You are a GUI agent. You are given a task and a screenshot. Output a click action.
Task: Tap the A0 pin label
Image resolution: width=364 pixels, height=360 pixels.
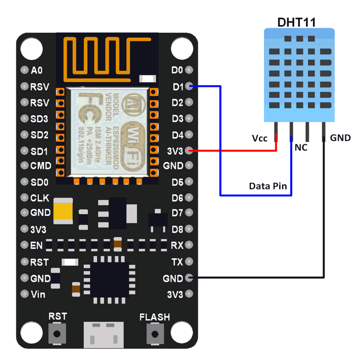pyautogui.click(x=37, y=71)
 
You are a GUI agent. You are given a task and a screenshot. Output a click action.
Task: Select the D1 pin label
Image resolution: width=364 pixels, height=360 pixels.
pyautogui.click(x=178, y=87)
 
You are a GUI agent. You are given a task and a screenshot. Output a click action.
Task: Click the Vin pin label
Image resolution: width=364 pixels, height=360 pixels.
pyautogui.click(x=38, y=294)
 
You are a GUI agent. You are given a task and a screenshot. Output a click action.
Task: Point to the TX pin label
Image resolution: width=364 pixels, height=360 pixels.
pyautogui.click(x=177, y=262)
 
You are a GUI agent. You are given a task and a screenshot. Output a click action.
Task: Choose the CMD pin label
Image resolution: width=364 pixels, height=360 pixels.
pyautogui.click(x=41, y=166)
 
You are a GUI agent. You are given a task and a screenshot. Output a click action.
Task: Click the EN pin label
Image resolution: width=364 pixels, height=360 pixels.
pyautogui.click(x=36, y=245)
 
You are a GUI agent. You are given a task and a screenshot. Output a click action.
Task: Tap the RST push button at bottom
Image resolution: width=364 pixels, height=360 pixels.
pyautogui.click(x=58, y=334)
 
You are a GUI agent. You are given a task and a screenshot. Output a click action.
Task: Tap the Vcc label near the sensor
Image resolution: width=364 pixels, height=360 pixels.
pyautogui.click(x=260, y=138)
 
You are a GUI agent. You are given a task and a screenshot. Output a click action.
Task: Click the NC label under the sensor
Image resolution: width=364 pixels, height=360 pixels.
pyautogui.click(x=301, y=147)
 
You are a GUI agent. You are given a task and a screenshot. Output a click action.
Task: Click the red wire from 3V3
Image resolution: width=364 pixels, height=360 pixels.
pyautogui.click(x=233, y=151)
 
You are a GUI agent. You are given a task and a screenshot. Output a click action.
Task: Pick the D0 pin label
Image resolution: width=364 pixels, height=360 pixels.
pyautogui.click(x=178, y=70)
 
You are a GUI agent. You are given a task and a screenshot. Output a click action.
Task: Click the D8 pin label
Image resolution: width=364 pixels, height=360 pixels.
pyautogui.click(x=177, y=229)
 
